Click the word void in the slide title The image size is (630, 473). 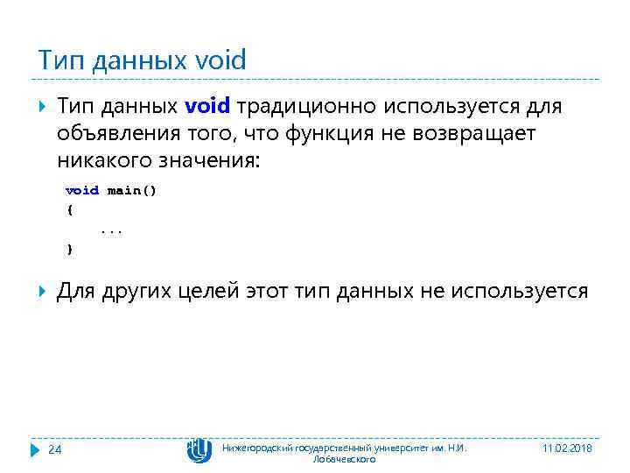coord(220,60)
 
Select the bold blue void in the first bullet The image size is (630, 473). coord(207,106)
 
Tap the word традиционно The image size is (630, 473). coord(302,106)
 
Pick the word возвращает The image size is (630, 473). coord(485,134)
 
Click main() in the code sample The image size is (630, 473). coord(131,190)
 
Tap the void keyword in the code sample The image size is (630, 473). coord(82,190)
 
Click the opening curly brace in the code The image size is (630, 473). coord(69,210)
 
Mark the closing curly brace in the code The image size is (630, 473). coord(69,250)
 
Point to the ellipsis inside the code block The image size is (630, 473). coord(111,230)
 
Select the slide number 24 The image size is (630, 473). coord(54,449)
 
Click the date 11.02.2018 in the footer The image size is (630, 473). coord(566,448)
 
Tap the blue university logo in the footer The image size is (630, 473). coord(199,450)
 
